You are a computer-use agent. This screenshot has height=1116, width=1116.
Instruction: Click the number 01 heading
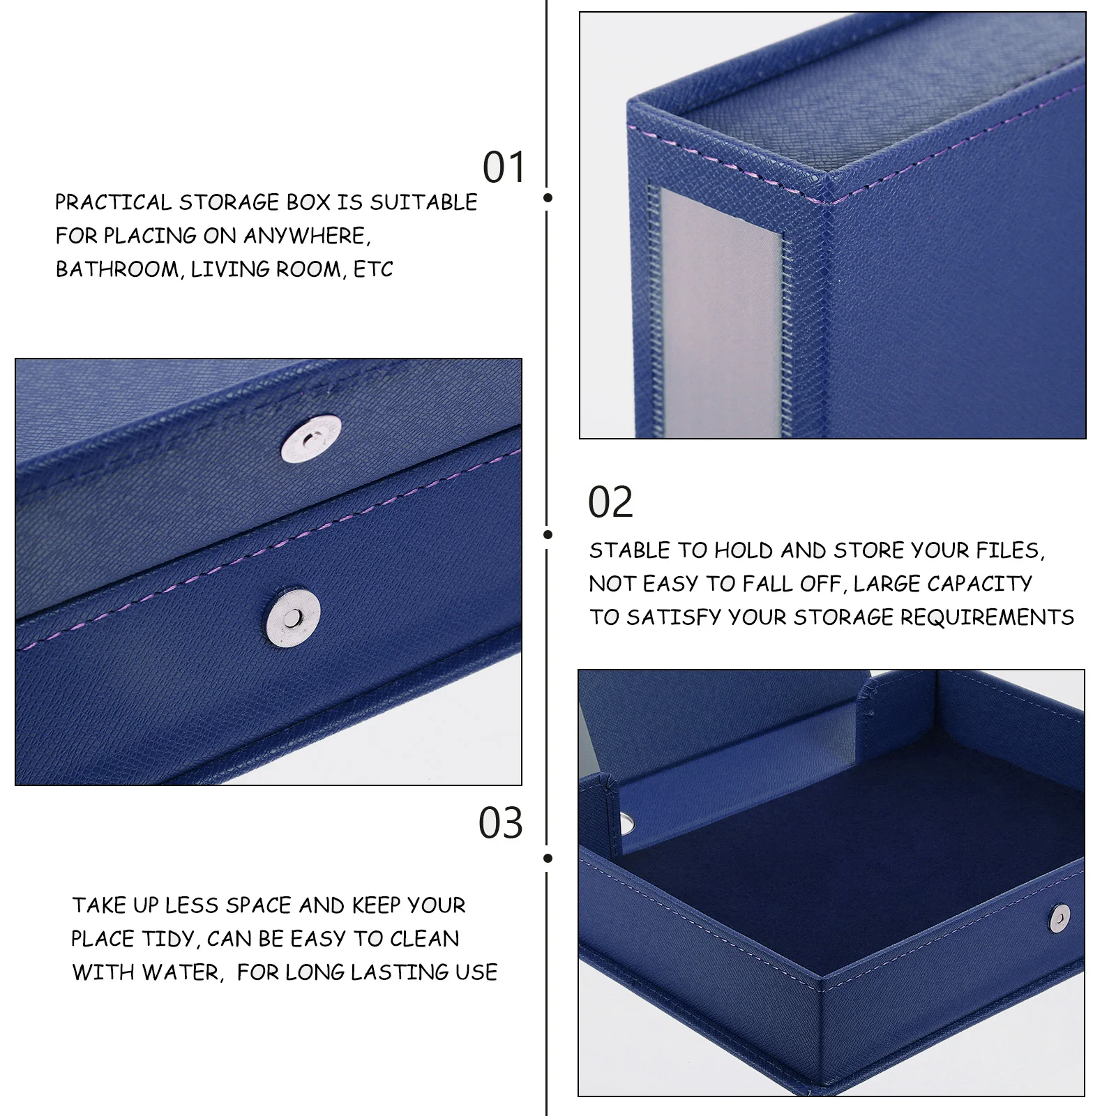(x=504, y=168)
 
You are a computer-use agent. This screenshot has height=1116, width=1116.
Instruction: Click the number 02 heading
(x=610, y=502)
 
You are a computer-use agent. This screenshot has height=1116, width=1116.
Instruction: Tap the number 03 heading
(x=500, y=823)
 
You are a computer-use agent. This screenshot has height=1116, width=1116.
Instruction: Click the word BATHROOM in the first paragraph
(x=117, y=269)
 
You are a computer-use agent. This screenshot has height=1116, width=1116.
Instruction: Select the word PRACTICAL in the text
(x=113, y=202)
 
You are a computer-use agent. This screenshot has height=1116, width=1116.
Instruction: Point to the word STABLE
(x=630, y=551)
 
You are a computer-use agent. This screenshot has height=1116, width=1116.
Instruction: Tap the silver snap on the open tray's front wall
(x=1060, y=918)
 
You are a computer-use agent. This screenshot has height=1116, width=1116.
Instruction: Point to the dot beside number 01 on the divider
(x=548, y=198)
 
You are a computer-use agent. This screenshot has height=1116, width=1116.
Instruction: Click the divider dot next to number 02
(x=548, y=535)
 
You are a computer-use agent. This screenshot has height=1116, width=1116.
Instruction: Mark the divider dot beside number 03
(x=548, y=858)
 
